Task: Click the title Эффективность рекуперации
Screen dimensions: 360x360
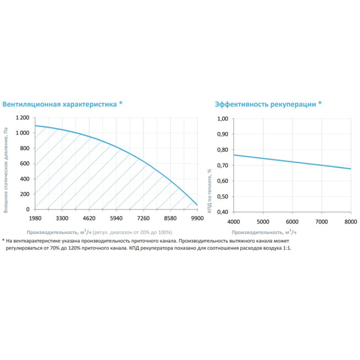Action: [265, 104]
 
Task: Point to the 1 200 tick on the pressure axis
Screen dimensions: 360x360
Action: [22, 118]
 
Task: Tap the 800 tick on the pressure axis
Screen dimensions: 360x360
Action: [25, 149]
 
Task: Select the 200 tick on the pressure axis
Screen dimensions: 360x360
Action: [25, 194]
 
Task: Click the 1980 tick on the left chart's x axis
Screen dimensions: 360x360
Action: [34, 218]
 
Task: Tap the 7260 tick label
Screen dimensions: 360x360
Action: [143, 218]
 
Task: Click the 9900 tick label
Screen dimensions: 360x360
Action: [197, 218]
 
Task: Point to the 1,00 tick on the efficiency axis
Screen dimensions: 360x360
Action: [222, 119]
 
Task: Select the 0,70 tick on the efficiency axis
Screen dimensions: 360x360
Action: [222, 166]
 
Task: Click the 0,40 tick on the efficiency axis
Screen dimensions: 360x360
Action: [222, 212]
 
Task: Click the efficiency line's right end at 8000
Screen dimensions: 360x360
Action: [351, 169]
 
